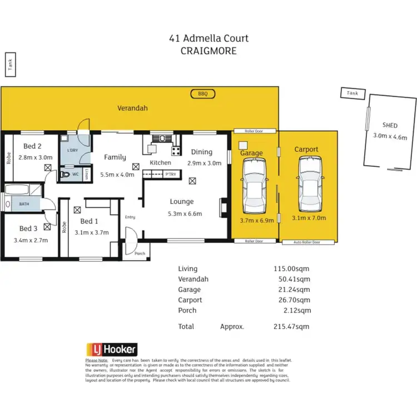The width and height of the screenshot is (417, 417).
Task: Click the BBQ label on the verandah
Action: [x=202, y=94]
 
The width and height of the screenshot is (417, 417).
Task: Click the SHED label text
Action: [x=390, y=126]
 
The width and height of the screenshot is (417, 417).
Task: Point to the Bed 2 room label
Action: [x=32, y=147]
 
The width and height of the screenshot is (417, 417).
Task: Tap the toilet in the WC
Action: [x=66, y=174]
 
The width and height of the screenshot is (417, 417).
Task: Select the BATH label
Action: [x=24, y=204]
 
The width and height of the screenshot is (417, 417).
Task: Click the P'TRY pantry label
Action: [x=170, y=175]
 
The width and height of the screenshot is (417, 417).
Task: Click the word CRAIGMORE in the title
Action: [x=209, y=50]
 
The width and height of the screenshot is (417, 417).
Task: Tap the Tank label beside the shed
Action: [x=352, y=93]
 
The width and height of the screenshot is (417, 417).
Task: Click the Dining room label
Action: [x=201, y=152]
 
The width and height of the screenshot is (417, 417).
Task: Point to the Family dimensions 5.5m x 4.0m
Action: [x=117, y=174]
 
